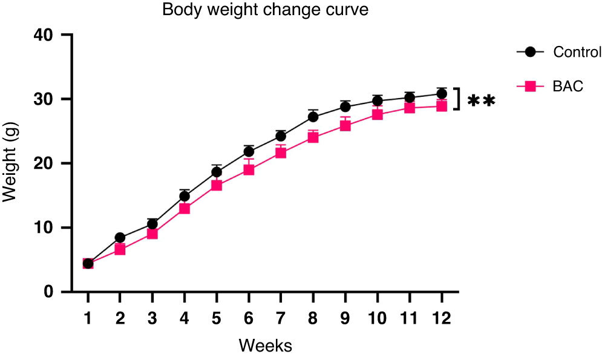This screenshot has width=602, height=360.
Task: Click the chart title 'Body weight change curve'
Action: point(265,10)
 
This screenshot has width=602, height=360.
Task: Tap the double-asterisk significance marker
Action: point(481,101)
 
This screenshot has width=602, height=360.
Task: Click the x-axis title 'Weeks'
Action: point(265,346)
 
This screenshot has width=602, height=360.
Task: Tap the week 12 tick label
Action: point(442,318)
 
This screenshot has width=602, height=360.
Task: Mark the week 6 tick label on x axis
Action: point(249,318)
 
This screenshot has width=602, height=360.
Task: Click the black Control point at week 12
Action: point(442,94)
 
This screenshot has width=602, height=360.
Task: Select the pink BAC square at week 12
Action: point(442,106)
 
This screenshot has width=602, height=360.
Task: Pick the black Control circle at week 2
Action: point(120,238)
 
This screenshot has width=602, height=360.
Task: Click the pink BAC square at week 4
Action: point(185,209)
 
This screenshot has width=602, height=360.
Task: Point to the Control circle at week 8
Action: point(313,117)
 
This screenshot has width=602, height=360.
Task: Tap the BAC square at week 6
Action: point(249,169)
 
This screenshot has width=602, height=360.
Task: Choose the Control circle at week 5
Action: point(217,172)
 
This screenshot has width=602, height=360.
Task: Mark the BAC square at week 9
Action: point(345,126)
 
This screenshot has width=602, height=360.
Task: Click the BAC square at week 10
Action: point(378,114)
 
